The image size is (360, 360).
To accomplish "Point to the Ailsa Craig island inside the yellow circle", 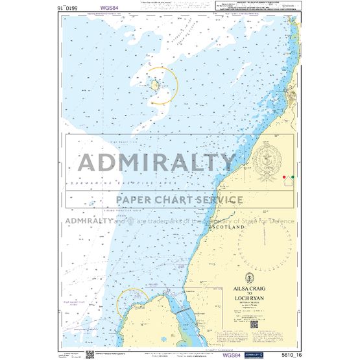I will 156,84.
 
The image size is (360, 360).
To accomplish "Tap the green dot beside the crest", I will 293,175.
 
